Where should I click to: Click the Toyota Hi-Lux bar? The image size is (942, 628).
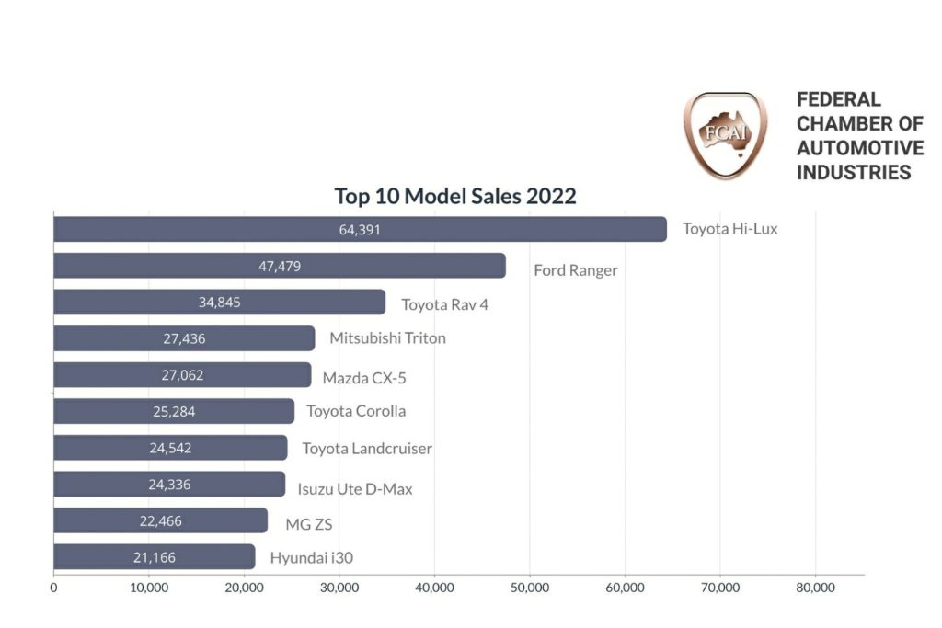click(360, 229)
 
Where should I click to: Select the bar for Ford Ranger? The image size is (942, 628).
click(279, 266)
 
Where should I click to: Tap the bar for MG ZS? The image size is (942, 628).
click(160, 521)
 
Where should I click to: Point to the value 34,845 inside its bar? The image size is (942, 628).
click(219, 302)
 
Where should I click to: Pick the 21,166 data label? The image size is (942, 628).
click(155, 557)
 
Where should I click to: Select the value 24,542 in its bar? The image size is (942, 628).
click(170, 448)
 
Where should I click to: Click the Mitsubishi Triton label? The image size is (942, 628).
click(387, 338)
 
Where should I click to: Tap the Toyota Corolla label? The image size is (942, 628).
click(356, 411)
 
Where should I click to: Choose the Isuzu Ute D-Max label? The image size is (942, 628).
click(355, 489)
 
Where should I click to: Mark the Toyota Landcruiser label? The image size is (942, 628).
click(367, 449)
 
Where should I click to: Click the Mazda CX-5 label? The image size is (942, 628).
click(364, 378)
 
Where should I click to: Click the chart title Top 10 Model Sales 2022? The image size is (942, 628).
click(455, 196)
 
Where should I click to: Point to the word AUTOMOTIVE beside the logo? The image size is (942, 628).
click(860, 148)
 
